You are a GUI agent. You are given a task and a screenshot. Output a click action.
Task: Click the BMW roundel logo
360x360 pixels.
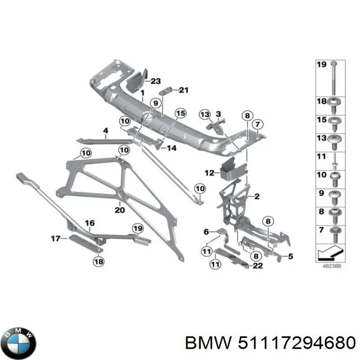click(x=18, y=344)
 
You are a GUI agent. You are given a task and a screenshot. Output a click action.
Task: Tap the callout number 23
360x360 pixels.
click(x=155, y=81)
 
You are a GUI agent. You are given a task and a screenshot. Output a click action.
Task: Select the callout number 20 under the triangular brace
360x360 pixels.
click(x=119, y=210)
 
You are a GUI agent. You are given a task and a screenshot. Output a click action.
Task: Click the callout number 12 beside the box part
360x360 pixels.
click(x=209, y=172)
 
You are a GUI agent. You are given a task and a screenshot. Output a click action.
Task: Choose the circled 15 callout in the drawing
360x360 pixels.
click(x=180, y=113)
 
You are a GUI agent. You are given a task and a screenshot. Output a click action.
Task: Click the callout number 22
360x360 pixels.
click(x=257, y=266)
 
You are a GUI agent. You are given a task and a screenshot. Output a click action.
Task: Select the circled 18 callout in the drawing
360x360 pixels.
click(x=98, y=261)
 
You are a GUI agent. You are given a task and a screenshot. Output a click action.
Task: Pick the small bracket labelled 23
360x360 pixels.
click(x=135, y=81)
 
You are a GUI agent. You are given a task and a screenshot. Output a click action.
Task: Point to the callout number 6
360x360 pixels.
click(x=207, y=232)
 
